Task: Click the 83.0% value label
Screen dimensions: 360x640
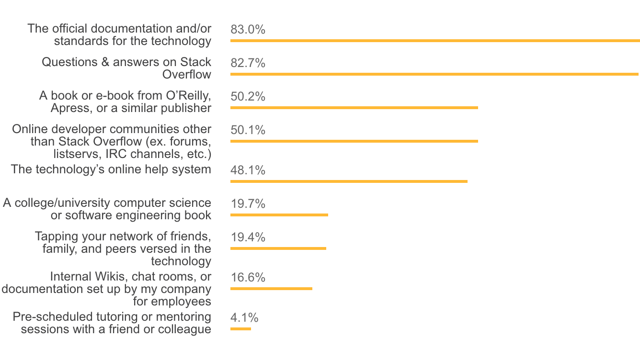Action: pyautogui.click(x=248, y=30)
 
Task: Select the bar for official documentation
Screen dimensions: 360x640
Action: pyautogui.click(x=435, y=41)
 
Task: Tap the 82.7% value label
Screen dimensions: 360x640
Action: pyautogui.click(x=248, y=63)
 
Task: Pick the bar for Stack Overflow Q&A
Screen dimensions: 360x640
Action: pyautogui.click(x=434, y=74)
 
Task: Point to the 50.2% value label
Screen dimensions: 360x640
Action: pyautogui.click(x=248, y=97)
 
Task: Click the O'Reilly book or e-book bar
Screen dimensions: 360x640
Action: pyautogui.click(x=354, y=108)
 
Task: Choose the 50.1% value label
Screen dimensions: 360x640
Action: pyautogui.click(x=248, y=130)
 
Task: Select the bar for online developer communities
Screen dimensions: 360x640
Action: pyautogui.click(x=354, y=141)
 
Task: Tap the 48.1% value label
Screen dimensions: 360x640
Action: pyautogui.click(x=248, y=170)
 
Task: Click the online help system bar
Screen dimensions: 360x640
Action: pyautogui.click(x=349, y=181)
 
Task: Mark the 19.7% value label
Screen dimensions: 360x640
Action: pyautogui.click(x=248, y=204)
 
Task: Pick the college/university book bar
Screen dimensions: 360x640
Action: pyautogui.click(x=279, y=215)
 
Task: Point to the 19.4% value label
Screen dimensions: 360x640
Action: pyautogui.click(x=248, y=237)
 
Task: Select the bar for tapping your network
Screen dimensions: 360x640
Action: pyautogui.click(x=278, y=248)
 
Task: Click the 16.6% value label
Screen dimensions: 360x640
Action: pyautogui.click(x=248, y=278)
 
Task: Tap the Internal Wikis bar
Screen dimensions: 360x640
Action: pyautogui.click(x=271, y=289)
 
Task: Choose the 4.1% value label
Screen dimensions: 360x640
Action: pyautogui.click(x=244, y=318)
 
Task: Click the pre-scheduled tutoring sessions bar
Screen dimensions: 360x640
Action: pyautogui.click(x=240, y=329)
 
